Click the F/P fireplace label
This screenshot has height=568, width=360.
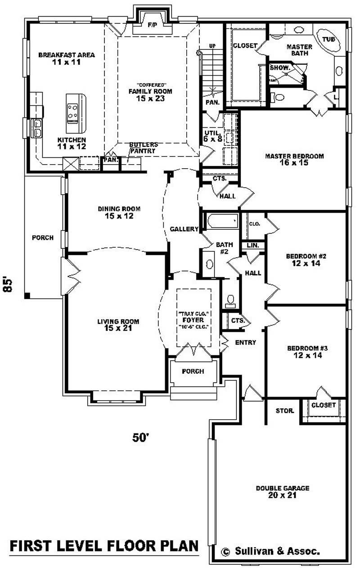[x=152, y=26]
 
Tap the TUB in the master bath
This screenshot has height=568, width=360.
[x=328, y=40]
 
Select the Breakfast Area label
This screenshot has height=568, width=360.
[x=66, y=58]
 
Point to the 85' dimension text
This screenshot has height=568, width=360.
[x=8, y=284]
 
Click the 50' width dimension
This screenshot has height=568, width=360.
[x=140, y=437]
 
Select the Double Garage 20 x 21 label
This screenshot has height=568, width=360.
[x=283, y=491]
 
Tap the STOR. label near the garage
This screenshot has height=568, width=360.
[x=285, y=411]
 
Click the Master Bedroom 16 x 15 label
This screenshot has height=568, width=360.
[x=294, y=160]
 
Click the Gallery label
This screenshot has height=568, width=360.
[x=184, y=229]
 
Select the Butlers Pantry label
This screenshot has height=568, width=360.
[x=143, y=148]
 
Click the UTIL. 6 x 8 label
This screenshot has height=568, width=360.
[x=212, y=136]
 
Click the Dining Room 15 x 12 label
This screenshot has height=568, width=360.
[x=119, y=212]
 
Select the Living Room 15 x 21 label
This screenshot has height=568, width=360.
[x=118, y=325]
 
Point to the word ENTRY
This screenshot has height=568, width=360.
[x=245, y=342]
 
